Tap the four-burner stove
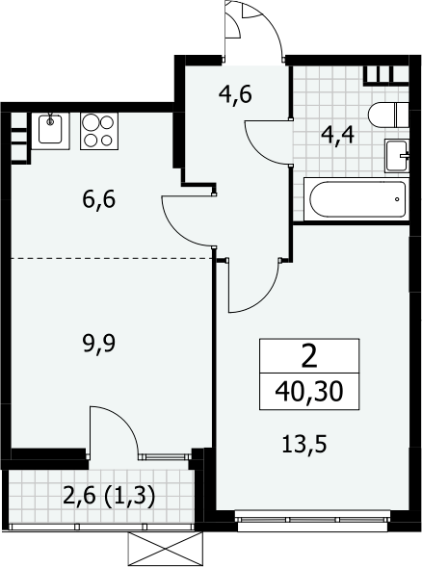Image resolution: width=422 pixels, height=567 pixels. (99, 131)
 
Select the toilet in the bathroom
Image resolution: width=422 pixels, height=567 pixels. (388, 115)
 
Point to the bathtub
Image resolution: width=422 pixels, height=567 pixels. (356, 199)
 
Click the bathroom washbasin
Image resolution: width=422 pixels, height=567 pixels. (397, 156)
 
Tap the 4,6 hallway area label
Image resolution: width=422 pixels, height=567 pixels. (235, 95)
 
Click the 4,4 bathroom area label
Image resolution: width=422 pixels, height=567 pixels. (338, 138)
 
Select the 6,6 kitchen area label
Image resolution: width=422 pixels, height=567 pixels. (99, 199)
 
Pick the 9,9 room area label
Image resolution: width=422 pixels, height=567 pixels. (99, 343)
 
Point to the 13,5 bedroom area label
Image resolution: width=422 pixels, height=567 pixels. (304, 445)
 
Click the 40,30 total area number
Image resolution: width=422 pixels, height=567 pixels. (308, 392)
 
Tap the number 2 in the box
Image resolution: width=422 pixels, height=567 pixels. (309, 356)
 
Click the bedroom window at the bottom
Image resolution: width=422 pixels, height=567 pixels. (313, 520)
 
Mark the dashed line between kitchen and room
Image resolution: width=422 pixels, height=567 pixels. (111, 258)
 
